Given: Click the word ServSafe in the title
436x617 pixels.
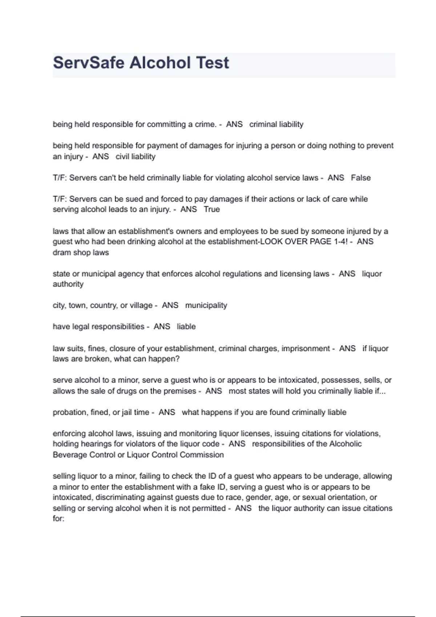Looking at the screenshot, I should pyautogui.click(x=89, y=63).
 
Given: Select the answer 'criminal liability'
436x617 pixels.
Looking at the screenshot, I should pyautogui.click(x=276, y=124).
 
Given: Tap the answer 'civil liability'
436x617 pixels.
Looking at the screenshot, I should pyautogui.click(x=136, y=157).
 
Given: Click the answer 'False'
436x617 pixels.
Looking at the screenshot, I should pyautogui.click(x=361, y=178).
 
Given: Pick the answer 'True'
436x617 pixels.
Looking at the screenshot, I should pyautogui.click(x=212, y=209).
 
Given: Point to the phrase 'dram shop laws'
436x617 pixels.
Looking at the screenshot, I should pyautogui.click(x=81, y=253).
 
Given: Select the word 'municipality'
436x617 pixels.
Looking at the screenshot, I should pyautogui.click(x=206, y=306).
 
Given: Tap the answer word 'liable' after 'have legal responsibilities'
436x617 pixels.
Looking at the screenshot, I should pyautogui.click(x=186, y=327).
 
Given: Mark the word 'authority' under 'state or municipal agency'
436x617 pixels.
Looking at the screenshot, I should pyautogui.click(x=68, y=284).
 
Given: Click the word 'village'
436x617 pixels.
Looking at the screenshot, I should pyautogui.click(x=141, y=306).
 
